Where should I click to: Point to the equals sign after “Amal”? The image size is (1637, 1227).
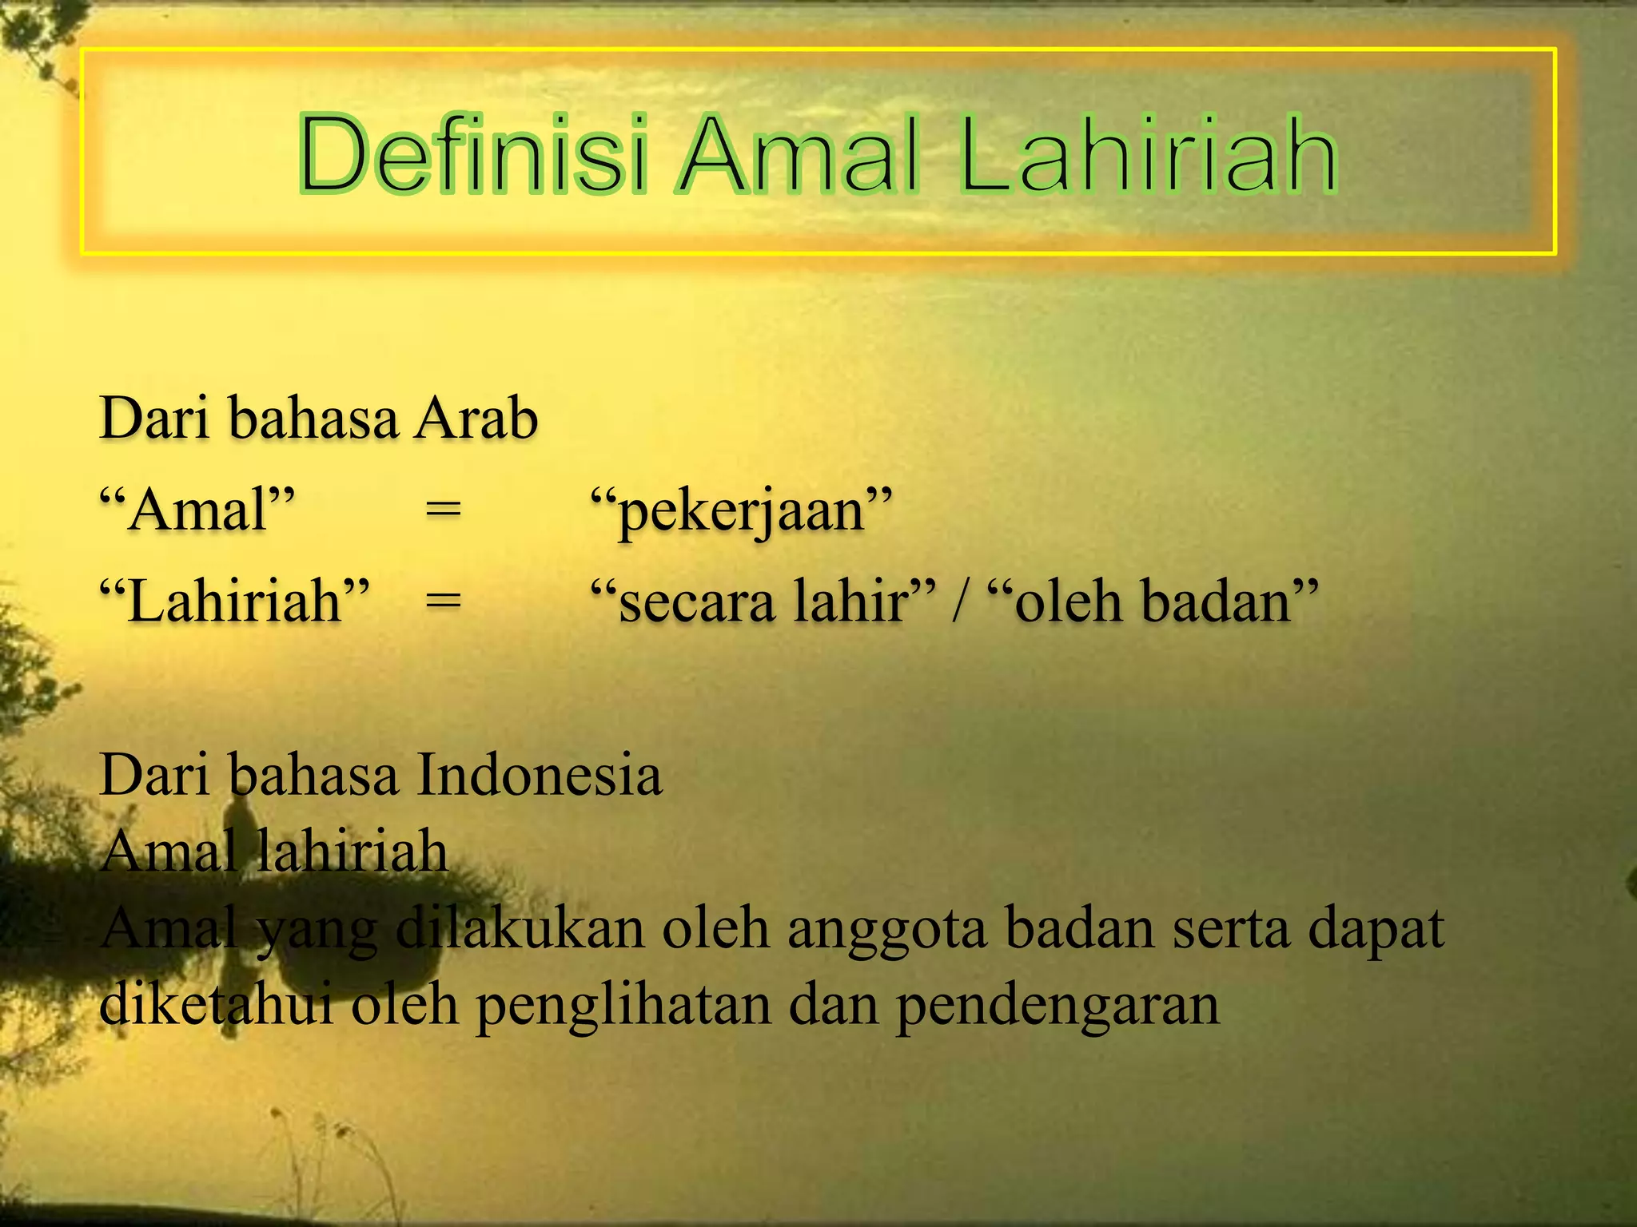click(x=443, y=510)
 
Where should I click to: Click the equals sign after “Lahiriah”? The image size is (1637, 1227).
click(x=443, y=600)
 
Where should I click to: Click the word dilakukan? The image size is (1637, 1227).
click(x=520, y=928)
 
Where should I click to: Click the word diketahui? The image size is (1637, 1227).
click(x=217, y=1004)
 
